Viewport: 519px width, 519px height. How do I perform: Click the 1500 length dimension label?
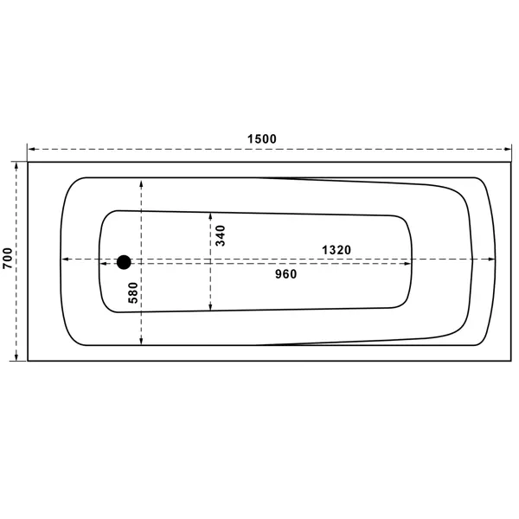tap(262, 138)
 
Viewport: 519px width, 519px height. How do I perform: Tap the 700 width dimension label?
tap(8, 258)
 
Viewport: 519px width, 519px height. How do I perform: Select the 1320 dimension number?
tap(336, 250)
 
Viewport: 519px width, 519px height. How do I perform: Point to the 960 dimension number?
tap(286, 274)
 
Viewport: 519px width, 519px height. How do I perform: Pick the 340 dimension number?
tap(220, 235)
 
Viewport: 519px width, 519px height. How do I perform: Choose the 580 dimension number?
tap(132, 292)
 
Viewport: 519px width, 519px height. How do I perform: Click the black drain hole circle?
tap(124, 262)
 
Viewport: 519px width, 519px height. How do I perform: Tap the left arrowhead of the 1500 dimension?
tap(31, 150)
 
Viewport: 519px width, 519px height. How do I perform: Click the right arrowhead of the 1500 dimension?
tap(508, 150)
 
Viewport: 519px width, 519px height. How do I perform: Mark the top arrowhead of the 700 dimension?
tap(16, 165)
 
